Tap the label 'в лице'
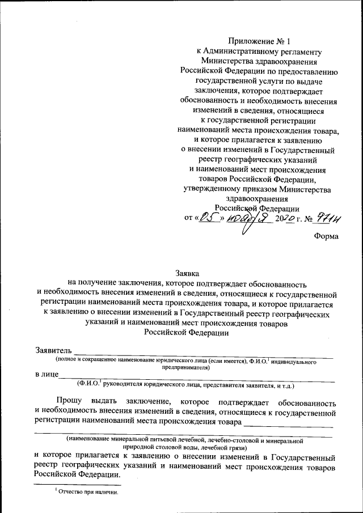[45, 375]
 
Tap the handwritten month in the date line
[242, 218]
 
